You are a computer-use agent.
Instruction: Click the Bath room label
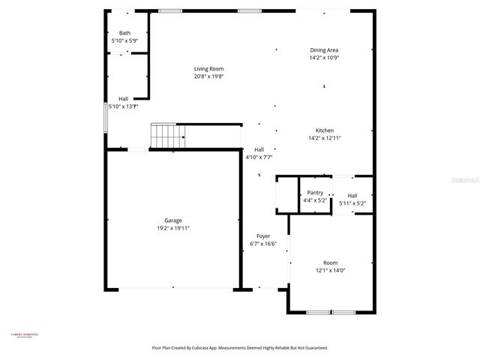click(124, 33)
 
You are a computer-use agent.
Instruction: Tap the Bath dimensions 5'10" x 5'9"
click(124, 40)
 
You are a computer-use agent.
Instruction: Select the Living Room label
click(209, 68)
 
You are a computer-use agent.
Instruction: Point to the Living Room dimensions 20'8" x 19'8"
click(209, 76)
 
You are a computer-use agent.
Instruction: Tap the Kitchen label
click(324, 130)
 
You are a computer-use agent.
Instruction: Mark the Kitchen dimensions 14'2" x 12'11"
click(324, 138)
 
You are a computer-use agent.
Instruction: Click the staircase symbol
click(168, 136)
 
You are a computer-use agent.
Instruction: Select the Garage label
click(173, 220)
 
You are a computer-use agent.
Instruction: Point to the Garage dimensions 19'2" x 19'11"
click(173, 228)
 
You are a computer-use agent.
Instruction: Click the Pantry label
click(315, 193)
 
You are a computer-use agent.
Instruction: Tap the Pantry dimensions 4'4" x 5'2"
click(315, 200)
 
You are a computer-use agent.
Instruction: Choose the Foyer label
click(263, 236)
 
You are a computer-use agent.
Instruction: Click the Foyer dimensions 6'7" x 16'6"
click(263, 244)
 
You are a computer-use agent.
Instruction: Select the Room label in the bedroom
click(330, 262)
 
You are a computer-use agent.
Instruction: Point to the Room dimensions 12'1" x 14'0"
click(330, 270)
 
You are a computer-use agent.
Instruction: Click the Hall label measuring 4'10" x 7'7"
click(259, 149)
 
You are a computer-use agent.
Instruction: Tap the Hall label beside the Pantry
click(352, 196)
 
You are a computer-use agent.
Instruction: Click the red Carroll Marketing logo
click(24, 335)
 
